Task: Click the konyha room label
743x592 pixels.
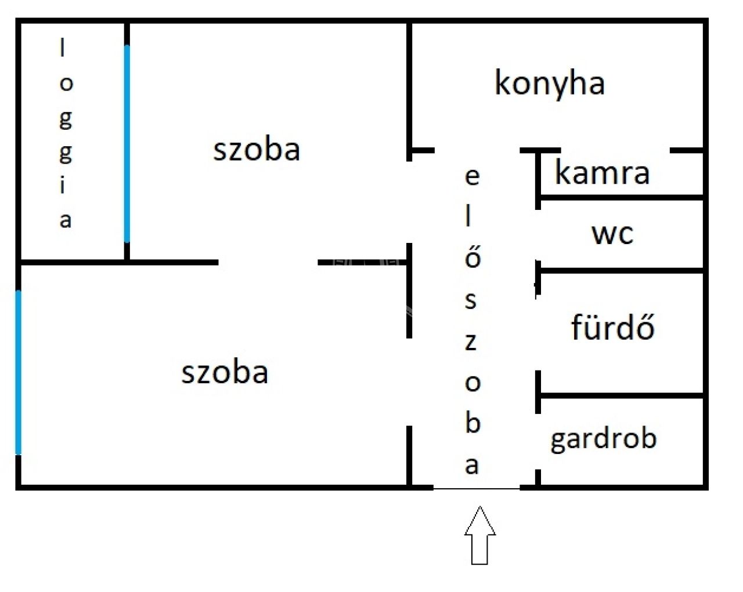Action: (549, 85)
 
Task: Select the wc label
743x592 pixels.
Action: (612, 234)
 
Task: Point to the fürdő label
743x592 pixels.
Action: (613, 326)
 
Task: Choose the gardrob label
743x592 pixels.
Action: (604, 439)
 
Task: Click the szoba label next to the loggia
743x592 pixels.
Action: (257, 150)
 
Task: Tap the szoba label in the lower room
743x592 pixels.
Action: (225, 373)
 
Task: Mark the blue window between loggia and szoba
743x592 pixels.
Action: (127, 144)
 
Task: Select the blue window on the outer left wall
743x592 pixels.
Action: (19, 373)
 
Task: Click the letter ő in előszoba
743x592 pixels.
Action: (473, 257)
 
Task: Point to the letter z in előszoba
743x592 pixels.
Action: (471, 342)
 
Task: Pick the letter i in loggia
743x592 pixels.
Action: (63, 185)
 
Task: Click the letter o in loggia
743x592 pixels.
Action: (66, 83)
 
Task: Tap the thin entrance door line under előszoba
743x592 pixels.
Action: (477, 489)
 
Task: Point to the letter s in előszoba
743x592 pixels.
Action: (471, 300)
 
